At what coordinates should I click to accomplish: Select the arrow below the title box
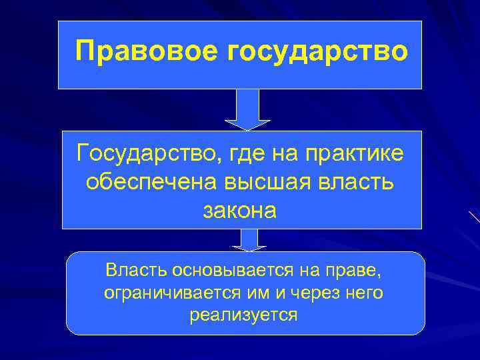(x=247, y=109)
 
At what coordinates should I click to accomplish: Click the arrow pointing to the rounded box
(x=249, y=240)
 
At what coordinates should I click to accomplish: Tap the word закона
(x=239, y=211)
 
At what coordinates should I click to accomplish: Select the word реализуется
(x=244, y=315)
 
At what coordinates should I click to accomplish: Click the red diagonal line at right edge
(x=474, y=217)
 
